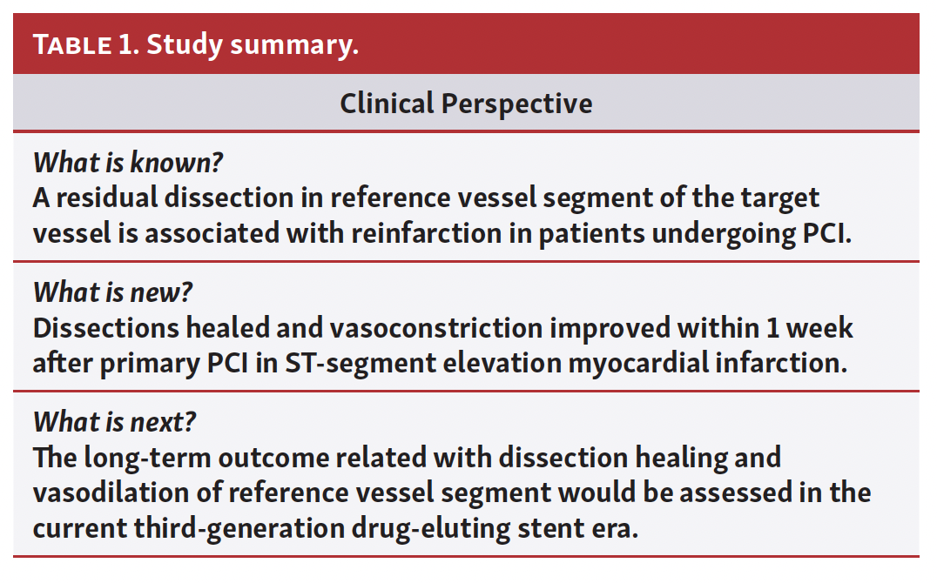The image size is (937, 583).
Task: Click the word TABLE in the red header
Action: [72, 44]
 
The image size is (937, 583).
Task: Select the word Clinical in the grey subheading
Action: [387, 103]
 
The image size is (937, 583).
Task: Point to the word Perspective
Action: [517, 104]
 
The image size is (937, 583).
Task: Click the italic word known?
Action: [176, 162]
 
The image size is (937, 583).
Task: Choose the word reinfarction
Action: [426, 233]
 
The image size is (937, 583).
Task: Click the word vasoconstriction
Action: [436, 328]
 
